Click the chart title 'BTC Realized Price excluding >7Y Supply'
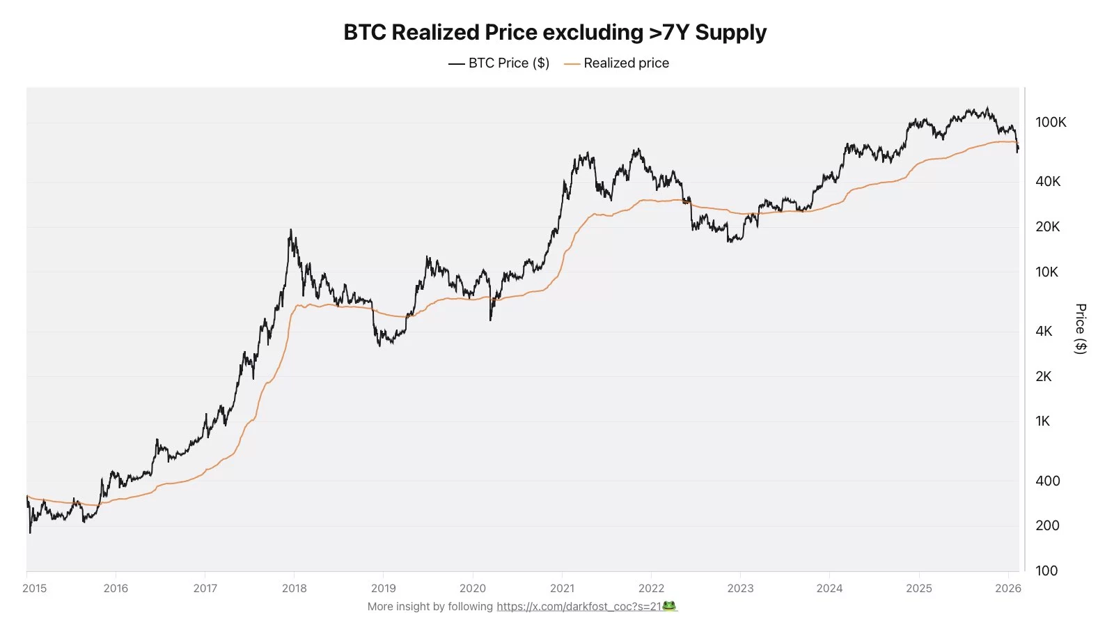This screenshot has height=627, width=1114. click(x=555, y=33)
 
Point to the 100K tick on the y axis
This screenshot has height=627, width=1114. click(x=1051, y=123)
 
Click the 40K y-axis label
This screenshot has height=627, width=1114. click(x=1048, y=182)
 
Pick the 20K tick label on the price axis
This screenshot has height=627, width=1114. click(x=1047, y=227)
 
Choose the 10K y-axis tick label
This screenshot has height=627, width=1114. click(x=1046, y=272)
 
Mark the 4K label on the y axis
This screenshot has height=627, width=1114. click(x=1044, y=332)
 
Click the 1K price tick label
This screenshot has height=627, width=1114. click(x=1042, y=421)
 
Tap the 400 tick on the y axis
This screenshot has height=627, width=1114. click(x=1047, y=481)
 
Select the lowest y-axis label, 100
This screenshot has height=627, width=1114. click(x=1046, y=571)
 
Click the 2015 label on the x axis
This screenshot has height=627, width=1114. click(x=35, y=589)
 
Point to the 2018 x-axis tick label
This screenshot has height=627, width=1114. click(x=295, y=589)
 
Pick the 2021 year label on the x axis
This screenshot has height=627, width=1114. click(x=562, y=589)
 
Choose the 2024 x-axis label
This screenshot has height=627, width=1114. click(x=829, y=589)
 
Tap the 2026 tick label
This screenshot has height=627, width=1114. click(x=1007, y=589)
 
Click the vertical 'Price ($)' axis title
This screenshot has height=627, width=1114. click(x=1081, y=329)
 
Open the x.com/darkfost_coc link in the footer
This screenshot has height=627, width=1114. click(x=579, y=607)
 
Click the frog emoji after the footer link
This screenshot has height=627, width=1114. click(x=669, y=606)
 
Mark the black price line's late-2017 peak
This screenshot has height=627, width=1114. click(x=290, y=231)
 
